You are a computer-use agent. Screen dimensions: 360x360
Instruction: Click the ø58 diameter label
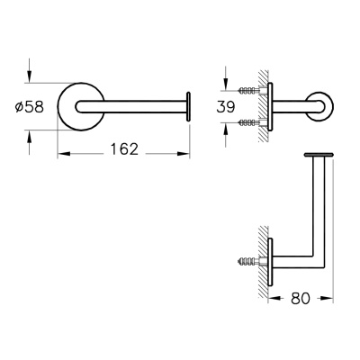(30, 107)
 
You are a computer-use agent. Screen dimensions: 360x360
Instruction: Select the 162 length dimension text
(124, 149)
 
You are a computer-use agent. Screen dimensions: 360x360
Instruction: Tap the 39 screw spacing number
(226, 107)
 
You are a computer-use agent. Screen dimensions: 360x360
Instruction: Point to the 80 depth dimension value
(300, 298)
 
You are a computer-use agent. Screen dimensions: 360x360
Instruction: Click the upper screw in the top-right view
(249, 90)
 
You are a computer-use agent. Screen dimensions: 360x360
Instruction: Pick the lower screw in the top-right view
(249, 122)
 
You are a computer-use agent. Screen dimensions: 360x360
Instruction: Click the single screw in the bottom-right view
(249, 261)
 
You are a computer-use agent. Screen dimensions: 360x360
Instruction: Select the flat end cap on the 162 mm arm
(188, 107)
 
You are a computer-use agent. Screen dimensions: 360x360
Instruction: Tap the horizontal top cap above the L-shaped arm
(319, 155)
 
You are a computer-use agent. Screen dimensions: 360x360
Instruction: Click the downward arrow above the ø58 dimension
(29, 70)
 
